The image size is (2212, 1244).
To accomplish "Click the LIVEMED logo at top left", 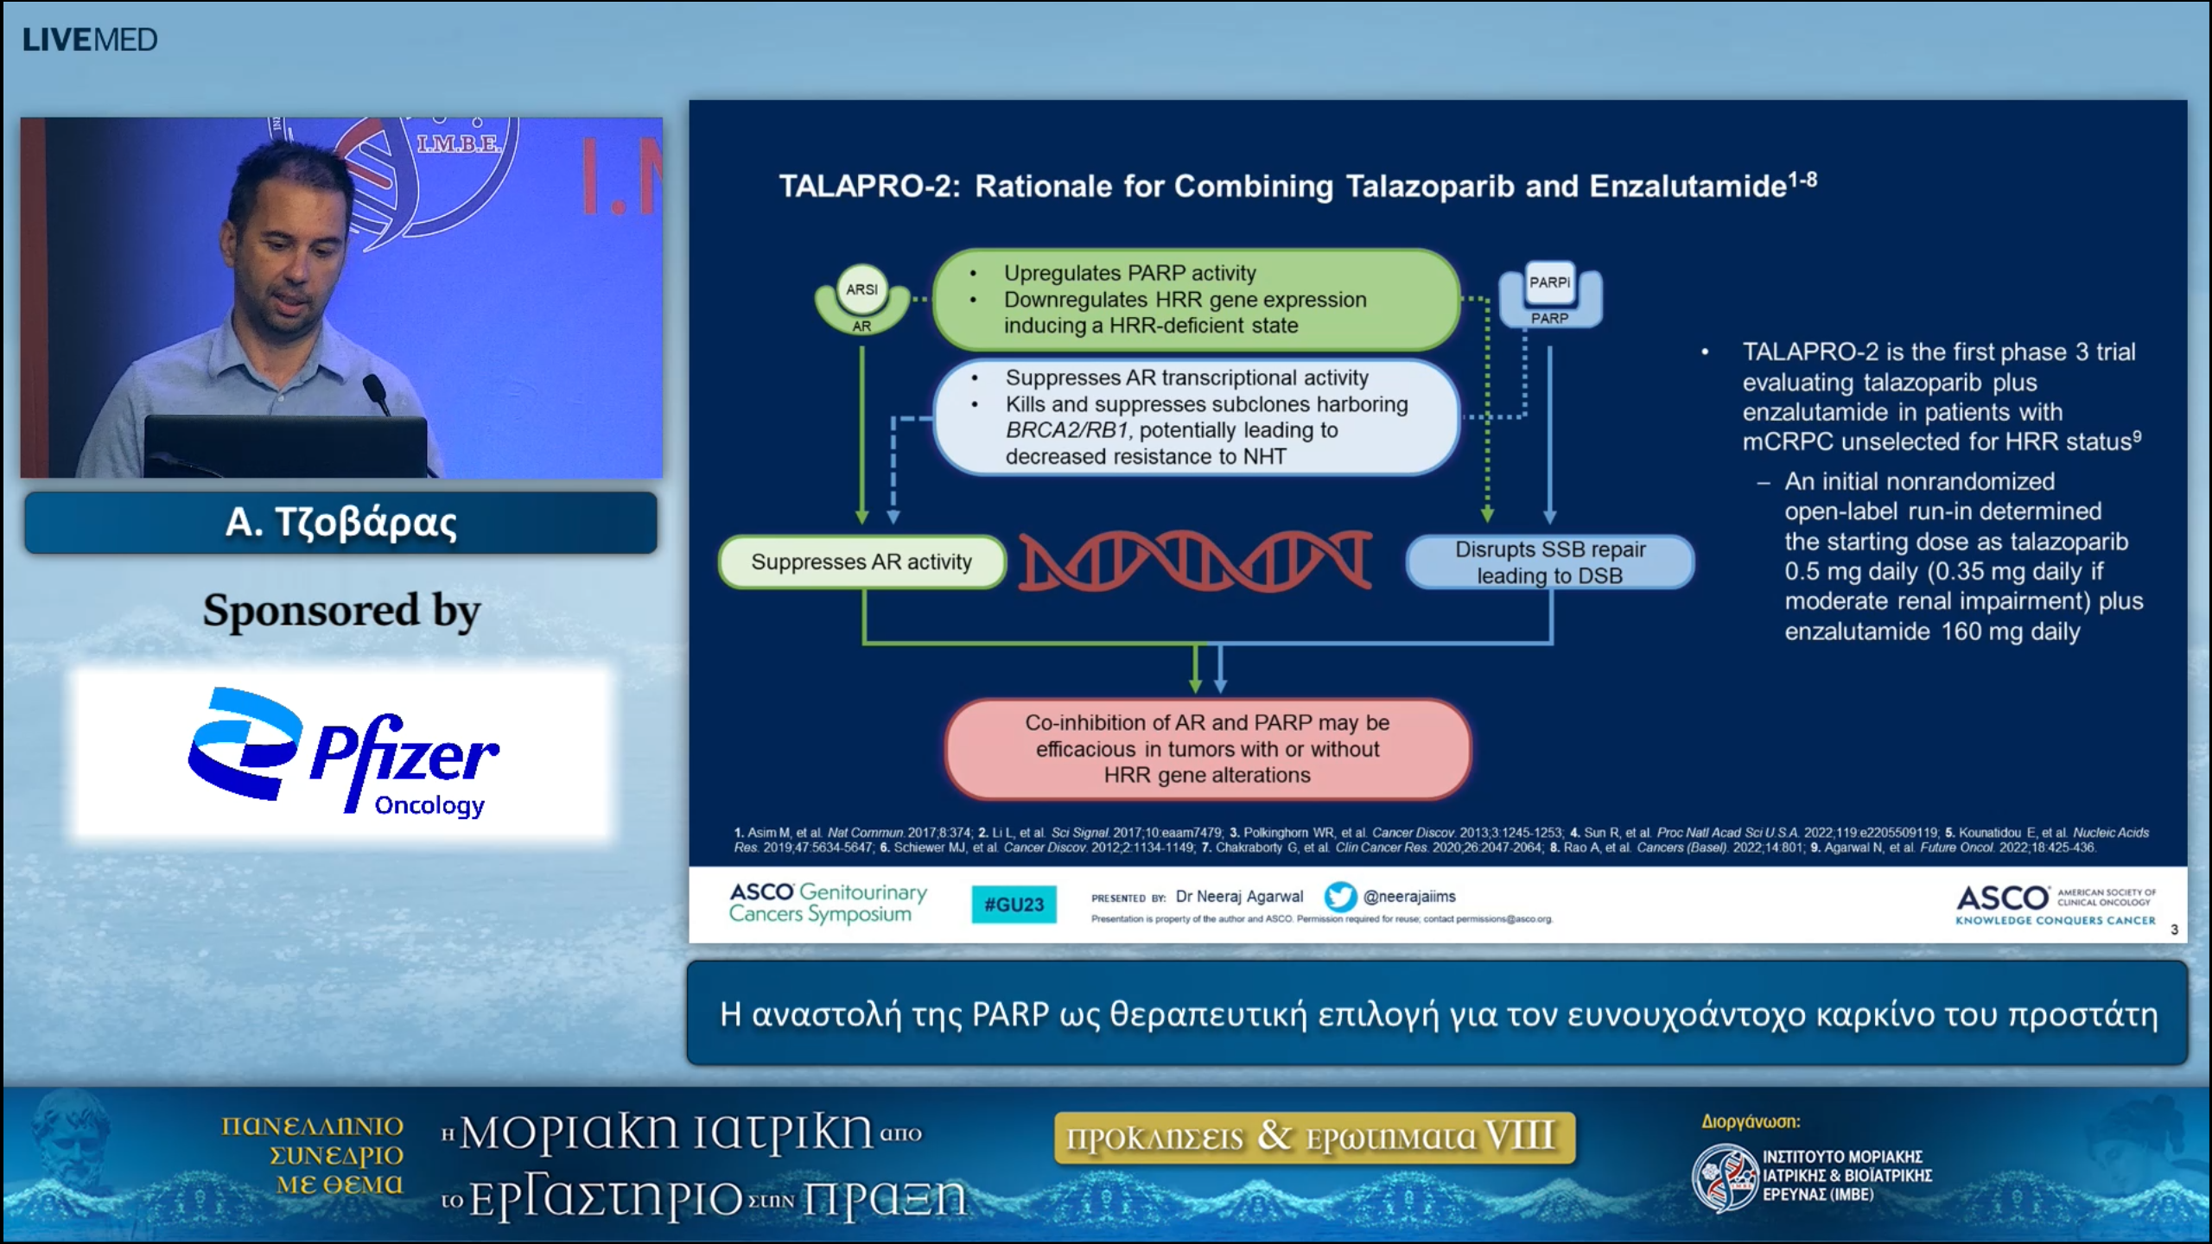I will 90,40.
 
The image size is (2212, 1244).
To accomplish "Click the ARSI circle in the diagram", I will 861,289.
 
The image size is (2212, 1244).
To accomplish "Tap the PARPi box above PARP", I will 1549,282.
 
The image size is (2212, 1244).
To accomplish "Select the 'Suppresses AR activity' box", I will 861,562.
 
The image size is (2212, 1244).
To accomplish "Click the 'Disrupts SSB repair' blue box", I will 1549,562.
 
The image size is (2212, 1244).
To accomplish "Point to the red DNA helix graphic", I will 1195,561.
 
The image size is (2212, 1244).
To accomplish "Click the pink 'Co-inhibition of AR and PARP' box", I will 1207,749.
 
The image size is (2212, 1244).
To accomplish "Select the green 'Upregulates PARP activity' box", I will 1196,300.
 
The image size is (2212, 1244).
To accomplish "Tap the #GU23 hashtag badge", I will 1014,904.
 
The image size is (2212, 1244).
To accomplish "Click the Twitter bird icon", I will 1340,897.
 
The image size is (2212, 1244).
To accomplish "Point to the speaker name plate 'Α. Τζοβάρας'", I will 340,523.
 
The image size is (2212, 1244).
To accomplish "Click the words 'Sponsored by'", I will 341,611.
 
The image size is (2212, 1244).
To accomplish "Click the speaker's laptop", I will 285,445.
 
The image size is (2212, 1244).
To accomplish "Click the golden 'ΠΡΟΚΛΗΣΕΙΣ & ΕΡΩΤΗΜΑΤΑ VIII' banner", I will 1313,1137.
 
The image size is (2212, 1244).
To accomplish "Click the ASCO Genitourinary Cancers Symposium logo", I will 827,903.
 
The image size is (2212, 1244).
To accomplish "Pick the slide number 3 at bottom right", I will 2174,930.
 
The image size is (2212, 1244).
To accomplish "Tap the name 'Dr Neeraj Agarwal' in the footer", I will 1239,897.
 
